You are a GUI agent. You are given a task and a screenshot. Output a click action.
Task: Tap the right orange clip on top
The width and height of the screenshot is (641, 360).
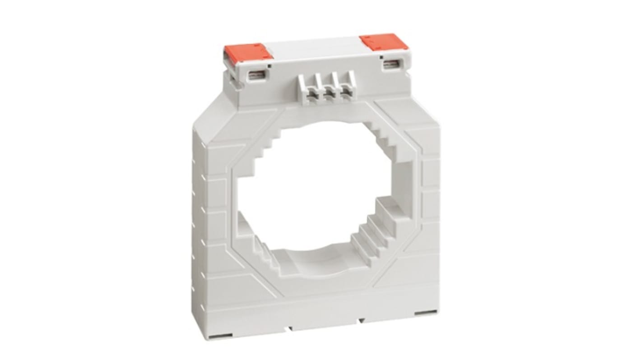tap(384, 42)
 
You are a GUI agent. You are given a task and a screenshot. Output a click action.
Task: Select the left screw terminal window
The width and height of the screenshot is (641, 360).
tap(255, 76)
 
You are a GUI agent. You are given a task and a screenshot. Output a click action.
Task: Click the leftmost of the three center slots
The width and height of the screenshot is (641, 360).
tap(311, 93)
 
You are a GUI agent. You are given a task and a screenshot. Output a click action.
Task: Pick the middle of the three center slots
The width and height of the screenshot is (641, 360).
tap(329, 92)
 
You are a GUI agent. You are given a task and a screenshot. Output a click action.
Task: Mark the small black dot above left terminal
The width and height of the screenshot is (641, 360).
tap(269, 66)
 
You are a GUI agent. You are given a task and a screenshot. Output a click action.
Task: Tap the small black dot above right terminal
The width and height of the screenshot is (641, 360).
tap(381, 57)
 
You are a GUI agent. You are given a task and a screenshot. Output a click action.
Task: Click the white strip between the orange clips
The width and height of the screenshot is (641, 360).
tap(316, 45)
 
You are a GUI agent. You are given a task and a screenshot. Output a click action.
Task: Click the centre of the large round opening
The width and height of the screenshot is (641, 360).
tap(316, 189)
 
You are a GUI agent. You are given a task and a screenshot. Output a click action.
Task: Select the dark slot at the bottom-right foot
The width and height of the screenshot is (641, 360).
tap(426, 312)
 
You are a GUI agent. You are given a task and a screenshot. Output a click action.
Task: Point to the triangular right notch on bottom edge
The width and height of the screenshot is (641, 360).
tap(361, 320)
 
